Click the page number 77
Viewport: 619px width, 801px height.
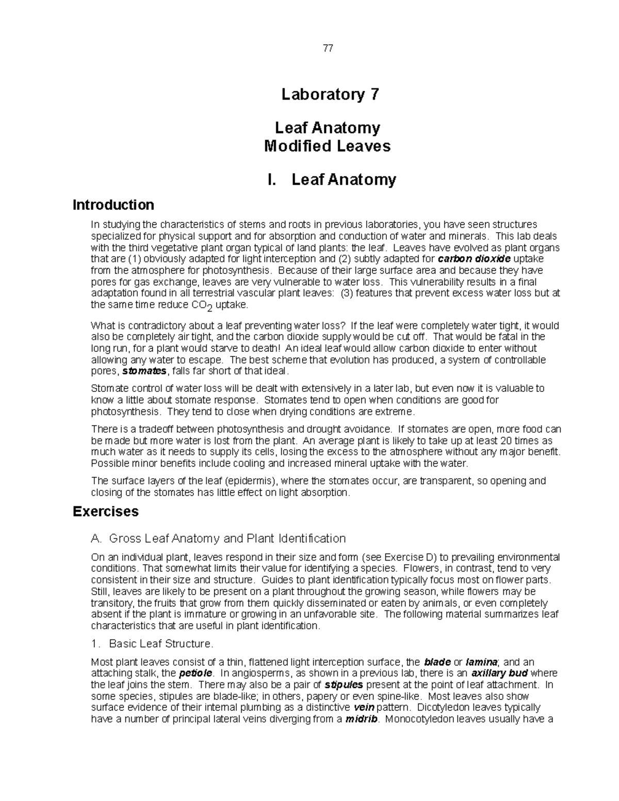328,48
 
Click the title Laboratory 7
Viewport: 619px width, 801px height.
330,94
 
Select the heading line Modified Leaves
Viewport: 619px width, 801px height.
327,146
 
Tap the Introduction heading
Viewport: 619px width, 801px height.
113,205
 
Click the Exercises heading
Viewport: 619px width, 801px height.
106,511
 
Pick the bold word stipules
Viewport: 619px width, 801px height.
344,685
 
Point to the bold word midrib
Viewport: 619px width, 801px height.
362,719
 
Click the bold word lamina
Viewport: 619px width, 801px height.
481,662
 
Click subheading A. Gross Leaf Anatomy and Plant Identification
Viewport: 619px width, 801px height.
218,538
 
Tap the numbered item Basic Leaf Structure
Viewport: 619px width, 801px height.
152,644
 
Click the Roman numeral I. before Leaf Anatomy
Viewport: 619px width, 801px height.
272,179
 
